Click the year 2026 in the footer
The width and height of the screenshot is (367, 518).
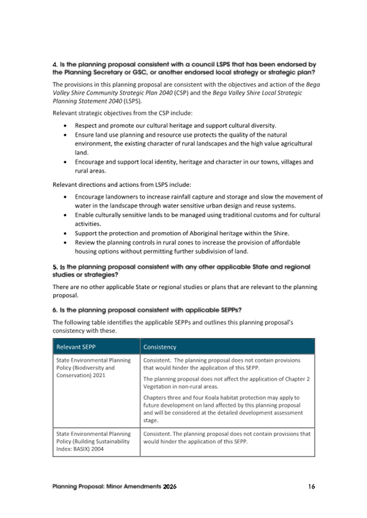(x=169, y=486)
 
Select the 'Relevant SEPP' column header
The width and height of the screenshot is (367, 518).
(x=77, y=347)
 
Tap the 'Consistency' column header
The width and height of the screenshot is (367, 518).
(x=159, y=347)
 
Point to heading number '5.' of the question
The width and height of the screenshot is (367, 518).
(x=55, y=267)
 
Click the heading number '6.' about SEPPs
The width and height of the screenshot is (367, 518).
(x=55, y=310)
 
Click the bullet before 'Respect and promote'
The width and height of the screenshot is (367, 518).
(x=65, y=126)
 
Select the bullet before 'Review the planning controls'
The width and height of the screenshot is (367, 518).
(x=65, y=242)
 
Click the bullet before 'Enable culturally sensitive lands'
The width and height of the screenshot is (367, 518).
(x=65, y=215)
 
